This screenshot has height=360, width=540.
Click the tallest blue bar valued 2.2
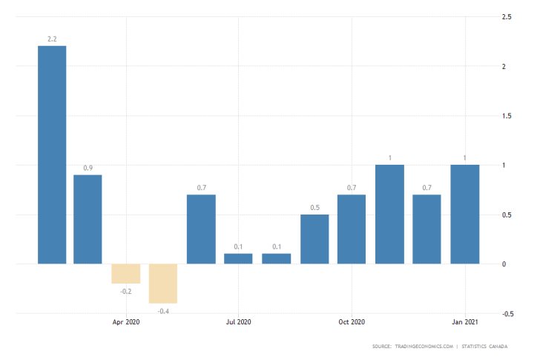(52, 154)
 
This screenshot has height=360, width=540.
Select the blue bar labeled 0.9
(88, 219)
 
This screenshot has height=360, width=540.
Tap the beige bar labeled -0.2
(125, 273)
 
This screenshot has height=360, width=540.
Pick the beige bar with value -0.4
(163, 283)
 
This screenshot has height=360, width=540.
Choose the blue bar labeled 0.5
(314, 239)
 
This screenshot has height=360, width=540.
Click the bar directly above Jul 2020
(238, 258)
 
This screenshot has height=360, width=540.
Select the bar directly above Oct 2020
(352, 229)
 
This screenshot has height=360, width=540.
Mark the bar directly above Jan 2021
(464, 214)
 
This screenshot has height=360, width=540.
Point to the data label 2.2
(52, 39)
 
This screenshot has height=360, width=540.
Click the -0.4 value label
(163, 310)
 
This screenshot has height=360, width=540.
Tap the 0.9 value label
(88, 168)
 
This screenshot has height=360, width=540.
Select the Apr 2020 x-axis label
(126, 322)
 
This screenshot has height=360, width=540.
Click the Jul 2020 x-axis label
(239, 322)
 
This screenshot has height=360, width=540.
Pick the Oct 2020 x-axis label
(352, 322)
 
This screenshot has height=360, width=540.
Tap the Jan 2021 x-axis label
(464, 322)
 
